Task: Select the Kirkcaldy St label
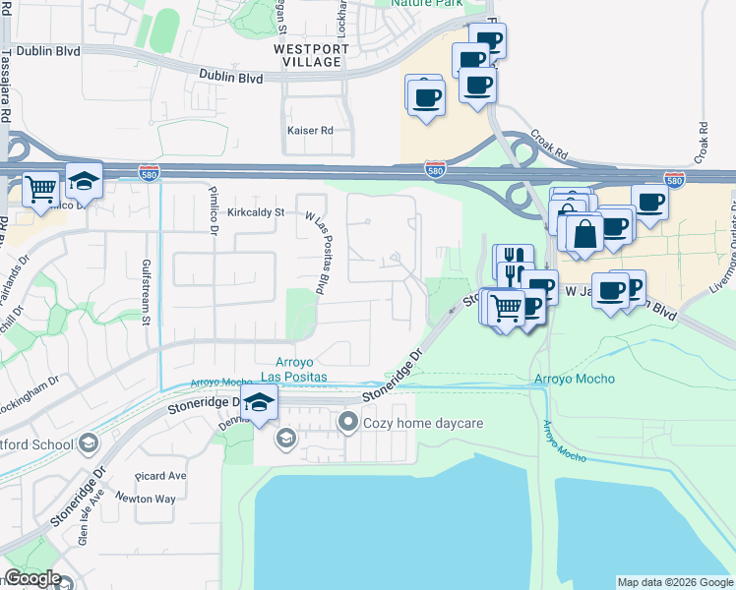coord(255,211)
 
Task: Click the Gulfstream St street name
coord(145,292)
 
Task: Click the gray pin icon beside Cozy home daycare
coord(346,424)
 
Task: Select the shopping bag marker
coord(585,234)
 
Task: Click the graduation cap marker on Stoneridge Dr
coord(259,403)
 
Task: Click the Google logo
coord(32,579)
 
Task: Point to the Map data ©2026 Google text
coord(674,582)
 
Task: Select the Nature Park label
coord(427,3)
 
